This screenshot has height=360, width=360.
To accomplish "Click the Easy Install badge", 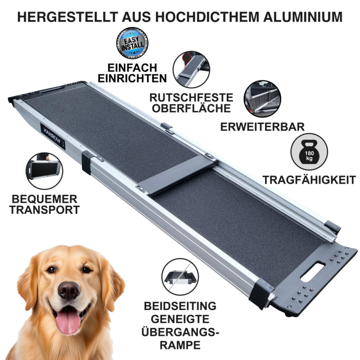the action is coord(132,43).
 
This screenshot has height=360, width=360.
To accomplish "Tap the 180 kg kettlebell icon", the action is coord(309,152).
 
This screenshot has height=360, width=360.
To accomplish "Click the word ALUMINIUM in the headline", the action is coord(303,17).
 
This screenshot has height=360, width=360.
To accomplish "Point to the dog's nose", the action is coord(69,290).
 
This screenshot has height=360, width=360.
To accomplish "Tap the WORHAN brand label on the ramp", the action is coord(53,136).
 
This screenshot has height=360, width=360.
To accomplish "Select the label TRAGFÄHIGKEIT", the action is coord(309,180).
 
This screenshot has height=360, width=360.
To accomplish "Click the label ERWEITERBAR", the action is coord(262,127).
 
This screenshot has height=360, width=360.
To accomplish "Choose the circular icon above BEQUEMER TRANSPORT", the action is coord(44,171).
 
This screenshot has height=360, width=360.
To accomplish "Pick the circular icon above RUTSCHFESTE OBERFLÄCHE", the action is coord(191,69).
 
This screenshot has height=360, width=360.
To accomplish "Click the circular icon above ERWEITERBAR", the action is coord(262,99).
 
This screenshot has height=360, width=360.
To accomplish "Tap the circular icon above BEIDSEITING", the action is coord(180,277).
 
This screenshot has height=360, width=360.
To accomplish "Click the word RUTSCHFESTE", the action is coord(191,98).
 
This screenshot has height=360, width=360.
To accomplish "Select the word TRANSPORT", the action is coord(45,210).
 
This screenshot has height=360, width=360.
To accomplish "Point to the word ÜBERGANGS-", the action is coord(180,332).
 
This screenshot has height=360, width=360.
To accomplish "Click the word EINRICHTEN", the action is coord(132,78).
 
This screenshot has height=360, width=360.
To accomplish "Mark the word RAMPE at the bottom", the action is coord(180,345).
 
